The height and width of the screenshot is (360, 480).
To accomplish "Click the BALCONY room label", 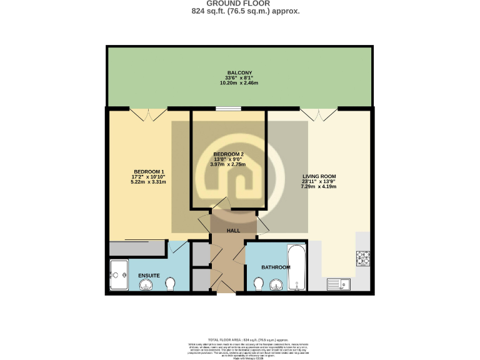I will [x=239, y=72].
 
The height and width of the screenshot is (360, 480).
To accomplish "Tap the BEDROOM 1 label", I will [x=149, y=172].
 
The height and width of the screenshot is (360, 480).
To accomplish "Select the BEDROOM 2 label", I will [x=228, y=154].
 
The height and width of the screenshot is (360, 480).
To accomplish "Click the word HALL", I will [x=233, y=231].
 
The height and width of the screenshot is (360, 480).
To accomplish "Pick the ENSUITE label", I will [x=149, y=275].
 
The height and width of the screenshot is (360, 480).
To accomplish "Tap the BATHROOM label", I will [x=276, y=267].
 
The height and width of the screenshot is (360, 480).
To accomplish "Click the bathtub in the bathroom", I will [x=296, y=268].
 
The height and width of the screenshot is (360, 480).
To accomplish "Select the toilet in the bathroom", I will [x=259, y=284].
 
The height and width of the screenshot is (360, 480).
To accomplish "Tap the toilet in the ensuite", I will [x=171, y=284].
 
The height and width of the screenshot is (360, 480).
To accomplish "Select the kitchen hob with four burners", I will [x=362, y=257].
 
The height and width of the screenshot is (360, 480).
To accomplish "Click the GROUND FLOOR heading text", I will [x=239, y=4].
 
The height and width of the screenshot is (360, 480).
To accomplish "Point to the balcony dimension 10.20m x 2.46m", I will [x=239, y=82].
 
